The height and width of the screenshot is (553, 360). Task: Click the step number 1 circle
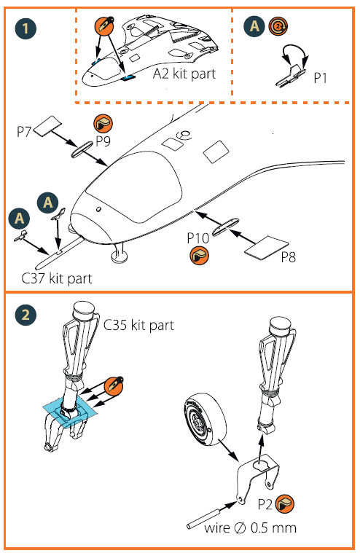26,28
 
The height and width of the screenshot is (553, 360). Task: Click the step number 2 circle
26,314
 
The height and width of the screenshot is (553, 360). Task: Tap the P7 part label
23,132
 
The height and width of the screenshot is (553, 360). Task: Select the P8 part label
288,257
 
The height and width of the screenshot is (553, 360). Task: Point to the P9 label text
103,141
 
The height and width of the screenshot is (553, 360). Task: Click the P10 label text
198,238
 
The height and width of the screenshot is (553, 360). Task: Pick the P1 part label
320,78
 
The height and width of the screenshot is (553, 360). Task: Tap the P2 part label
265,504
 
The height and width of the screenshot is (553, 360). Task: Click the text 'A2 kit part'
184,74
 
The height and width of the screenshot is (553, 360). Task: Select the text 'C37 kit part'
56,278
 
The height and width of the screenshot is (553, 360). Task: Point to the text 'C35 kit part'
138,325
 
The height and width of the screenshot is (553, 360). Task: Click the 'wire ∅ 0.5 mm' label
250,528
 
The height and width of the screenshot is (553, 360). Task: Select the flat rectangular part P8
266,248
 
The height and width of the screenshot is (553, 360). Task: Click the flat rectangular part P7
47,126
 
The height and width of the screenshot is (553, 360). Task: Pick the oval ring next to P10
225,227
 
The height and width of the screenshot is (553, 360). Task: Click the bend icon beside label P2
284,504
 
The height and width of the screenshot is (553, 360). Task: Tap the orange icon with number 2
278,26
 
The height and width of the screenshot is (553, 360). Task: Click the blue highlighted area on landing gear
70,410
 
